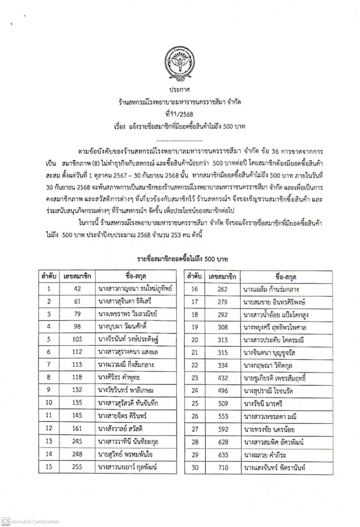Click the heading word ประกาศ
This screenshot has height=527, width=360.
tap(180, 91)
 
